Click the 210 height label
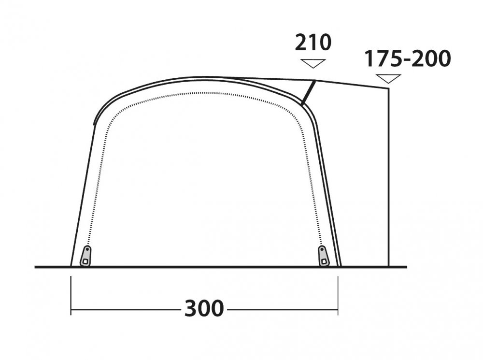click(x=313, y=43)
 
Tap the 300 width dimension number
click(x=204, y=308)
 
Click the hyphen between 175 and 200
click(x=407, y=60)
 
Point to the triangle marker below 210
click(x=313, y=63)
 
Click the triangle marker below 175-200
click(x=388, y=79)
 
